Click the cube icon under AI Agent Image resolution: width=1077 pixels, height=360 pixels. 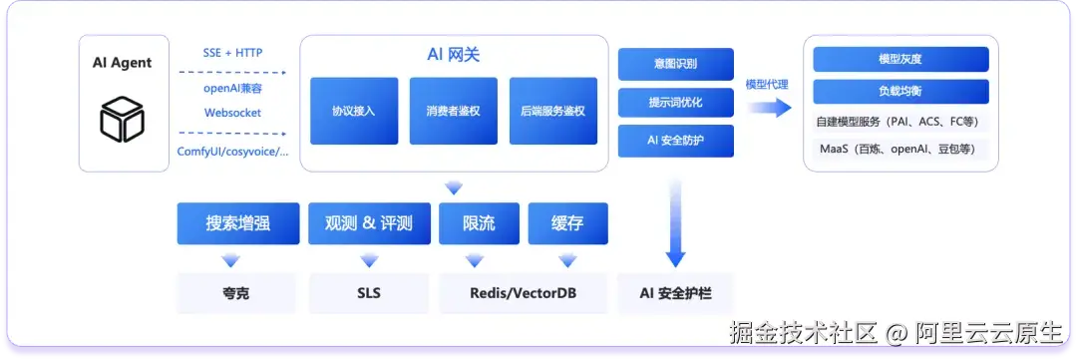click(123, 119)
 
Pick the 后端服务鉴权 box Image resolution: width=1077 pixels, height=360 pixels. click(552, 111)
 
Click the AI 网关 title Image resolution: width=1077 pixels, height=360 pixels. click(454, 55)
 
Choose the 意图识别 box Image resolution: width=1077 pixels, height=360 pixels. click(676, 64)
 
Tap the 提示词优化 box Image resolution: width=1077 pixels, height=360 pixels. click(676, 103)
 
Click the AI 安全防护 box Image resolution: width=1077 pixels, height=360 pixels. click(676, 141)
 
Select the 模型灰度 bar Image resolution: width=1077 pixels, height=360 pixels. click(900, 59)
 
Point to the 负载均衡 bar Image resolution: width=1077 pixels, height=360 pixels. click(900, 92)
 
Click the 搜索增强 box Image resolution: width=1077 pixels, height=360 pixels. click(238, 223)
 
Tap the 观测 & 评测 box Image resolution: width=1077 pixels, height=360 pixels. click(370, 223)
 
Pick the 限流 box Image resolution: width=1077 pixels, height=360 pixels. click(480, 223)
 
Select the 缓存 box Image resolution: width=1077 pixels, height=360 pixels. click(568, 223)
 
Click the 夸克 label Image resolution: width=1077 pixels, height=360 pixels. click(236, 293)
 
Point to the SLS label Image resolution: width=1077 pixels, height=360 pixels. click(369, 293)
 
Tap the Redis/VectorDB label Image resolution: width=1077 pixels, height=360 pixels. click(524, 293)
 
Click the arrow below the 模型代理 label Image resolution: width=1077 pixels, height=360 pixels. click(769, 108)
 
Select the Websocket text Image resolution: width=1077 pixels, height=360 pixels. click(232, 113)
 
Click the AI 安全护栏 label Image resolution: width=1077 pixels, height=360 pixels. click(676, 293)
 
